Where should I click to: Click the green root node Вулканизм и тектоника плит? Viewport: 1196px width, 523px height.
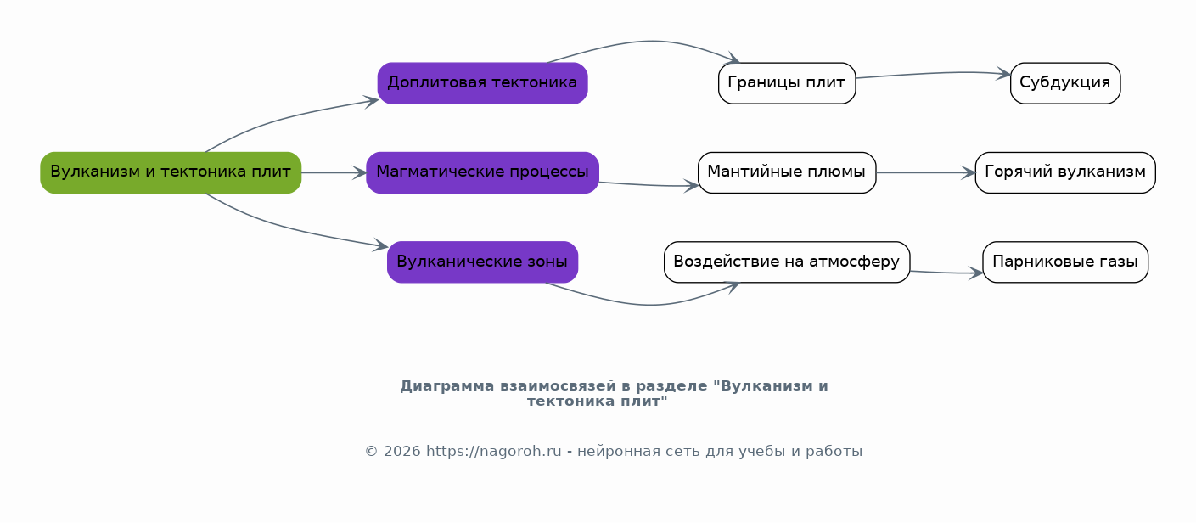[171, 172]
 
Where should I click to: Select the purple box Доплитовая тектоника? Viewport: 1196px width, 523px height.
[483, 83]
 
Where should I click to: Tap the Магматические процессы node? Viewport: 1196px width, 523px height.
[483, 172]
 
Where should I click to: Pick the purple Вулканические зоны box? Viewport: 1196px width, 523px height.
[483, 261]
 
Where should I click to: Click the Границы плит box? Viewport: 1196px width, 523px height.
[787, 83]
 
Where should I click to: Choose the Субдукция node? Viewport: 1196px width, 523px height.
[1065, 83]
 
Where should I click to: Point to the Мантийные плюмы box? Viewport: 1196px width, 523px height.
[787, 172]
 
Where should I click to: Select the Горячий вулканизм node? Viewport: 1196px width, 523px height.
[1065, 172]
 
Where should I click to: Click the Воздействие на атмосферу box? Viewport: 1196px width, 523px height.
[787, 261]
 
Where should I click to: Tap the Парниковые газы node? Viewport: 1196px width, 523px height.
[1065, 261]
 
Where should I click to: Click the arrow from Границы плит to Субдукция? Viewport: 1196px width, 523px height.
[934, 73]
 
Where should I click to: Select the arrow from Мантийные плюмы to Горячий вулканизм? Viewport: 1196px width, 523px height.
[926, 172]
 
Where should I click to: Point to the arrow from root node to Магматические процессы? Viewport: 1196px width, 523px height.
[334, 172]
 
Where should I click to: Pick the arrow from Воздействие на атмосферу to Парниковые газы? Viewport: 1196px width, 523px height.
[946, 273]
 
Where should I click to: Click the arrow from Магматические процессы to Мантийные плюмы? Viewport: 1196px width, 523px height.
[649, 185]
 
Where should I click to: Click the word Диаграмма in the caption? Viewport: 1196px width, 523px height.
[447, 385]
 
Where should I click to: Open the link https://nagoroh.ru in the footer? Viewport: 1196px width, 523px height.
[493, 452]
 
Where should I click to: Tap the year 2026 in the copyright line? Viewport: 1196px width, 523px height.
[402, 452]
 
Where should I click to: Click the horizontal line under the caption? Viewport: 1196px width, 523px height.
[614, 425]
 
